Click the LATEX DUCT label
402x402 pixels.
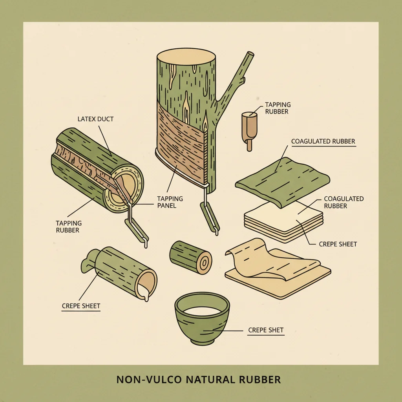pos(95,119)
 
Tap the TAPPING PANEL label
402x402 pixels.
pos(170,202)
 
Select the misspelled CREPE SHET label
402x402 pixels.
pos(266,330)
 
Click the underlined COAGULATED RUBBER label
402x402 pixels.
pos(323,141)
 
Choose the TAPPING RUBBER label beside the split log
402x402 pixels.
pos(68,227)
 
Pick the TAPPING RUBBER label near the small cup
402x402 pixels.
pos(278,108)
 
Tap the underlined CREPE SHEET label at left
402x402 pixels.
pos(81,306)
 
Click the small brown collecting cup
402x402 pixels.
pos(249,131)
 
